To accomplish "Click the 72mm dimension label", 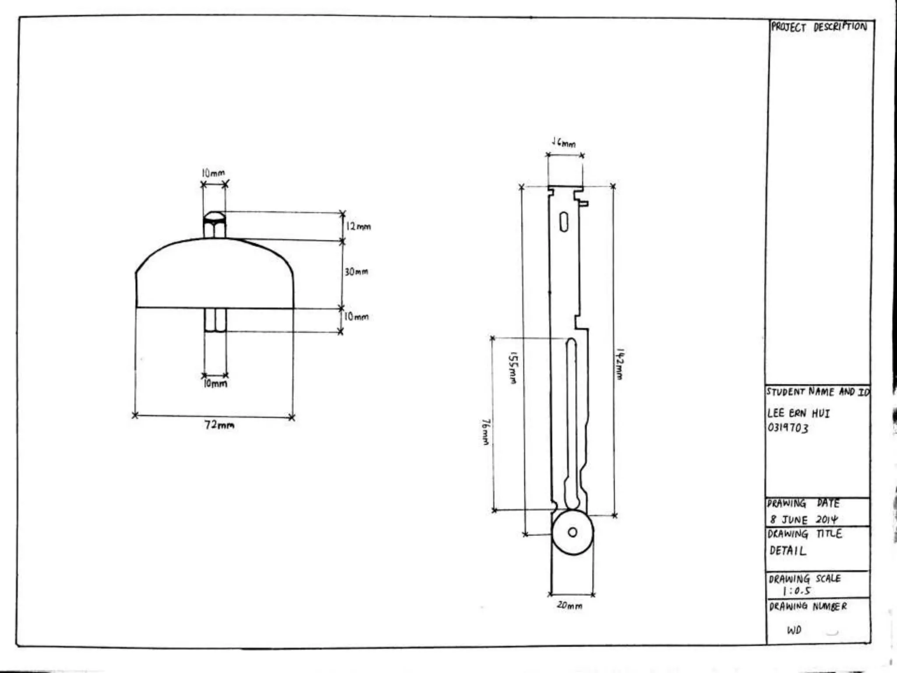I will [219, 425].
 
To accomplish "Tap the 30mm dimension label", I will [356, 272].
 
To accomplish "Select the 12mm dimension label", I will [358, 227].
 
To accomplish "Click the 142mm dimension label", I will [619, 364].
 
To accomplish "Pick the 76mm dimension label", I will [485, 432].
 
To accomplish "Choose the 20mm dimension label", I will [569, 606].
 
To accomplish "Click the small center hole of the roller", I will [572, 532].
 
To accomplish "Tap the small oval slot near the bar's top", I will [564, 222].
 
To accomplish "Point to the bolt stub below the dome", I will [215, 320].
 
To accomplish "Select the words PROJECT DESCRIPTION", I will [819, 27].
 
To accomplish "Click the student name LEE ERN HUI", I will [798, 413].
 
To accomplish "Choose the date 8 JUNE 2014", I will [803, 520].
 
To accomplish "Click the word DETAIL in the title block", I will [788, 551].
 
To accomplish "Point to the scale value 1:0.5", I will [796, 591].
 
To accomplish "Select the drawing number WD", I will [794, 630].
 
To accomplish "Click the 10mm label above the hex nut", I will [213, 173].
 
